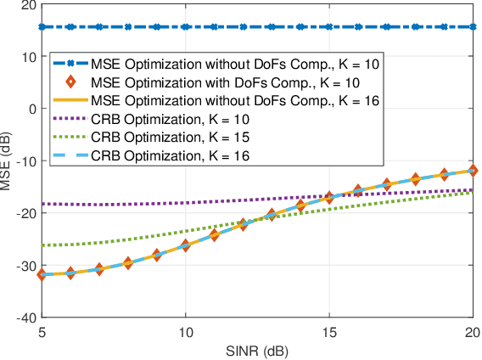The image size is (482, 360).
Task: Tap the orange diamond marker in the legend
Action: [x=71, y=82]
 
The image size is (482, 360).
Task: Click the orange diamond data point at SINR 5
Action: [x=42, y=274]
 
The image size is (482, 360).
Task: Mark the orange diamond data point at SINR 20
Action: [x=472, y=171]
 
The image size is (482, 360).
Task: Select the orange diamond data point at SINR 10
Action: [x=186, y=245]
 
